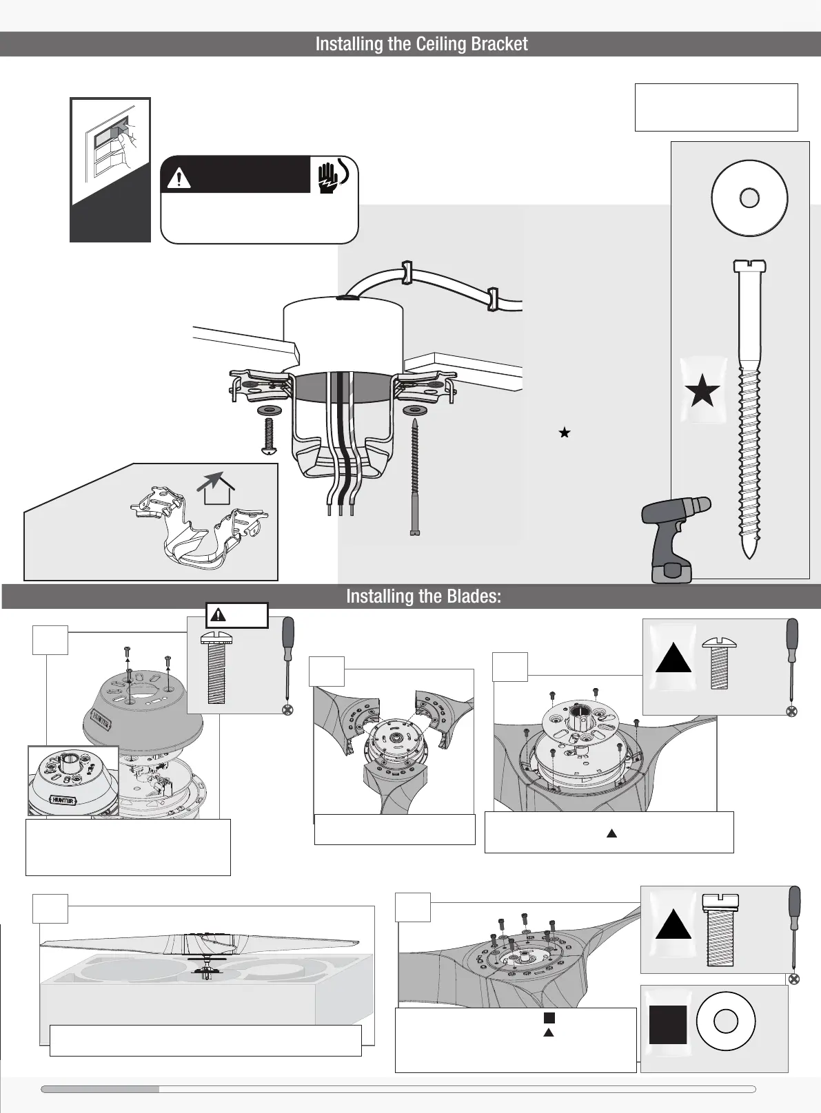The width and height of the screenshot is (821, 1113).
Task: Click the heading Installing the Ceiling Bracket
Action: point(421,44)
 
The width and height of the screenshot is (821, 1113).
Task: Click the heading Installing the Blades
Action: point(423,596)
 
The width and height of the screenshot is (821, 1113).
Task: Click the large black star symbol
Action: point(702,393)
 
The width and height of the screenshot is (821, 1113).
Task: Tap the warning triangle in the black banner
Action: point(179,178)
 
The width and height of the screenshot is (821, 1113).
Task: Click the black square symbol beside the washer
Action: point(668,1024)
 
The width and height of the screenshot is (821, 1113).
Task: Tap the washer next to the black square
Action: point(726,1021)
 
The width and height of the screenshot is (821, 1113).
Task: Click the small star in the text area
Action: point(565,433)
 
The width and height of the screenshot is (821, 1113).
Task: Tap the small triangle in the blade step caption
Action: point(611,833)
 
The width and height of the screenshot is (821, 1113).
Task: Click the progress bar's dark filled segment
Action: point(100,1089)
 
